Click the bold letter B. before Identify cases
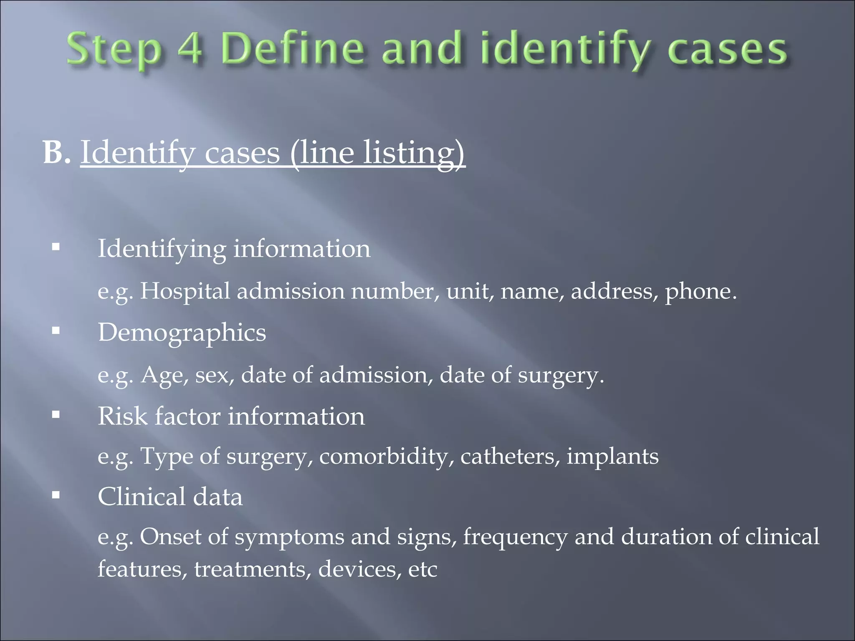[x=56, y=152]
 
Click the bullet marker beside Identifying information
[x=56, y=247]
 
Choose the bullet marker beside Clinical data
[x=56, y=495]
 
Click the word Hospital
[x=185, y=291]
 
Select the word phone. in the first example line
[x=701, y=292]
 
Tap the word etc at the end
[x=422, y=569]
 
